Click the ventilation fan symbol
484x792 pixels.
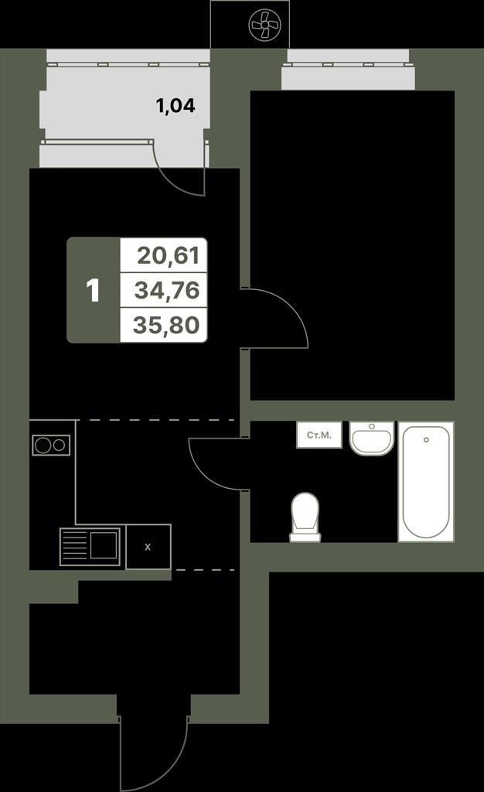coord(264,23)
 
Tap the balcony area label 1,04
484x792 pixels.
coord(176,106)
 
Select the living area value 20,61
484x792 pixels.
coord(169,255)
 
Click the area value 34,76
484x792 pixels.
coord(167,291)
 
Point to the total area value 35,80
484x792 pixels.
coord(166,325)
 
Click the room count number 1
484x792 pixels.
coord(93,291)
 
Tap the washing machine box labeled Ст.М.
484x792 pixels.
coord(319,435)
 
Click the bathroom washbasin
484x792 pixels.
coord(372,439)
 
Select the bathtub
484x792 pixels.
coord(426,482)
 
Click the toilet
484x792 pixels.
coord(305,517)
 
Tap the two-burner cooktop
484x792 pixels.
coord(51,445)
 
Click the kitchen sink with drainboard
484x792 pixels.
coord(90,547)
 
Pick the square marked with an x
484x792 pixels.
coord(148,547)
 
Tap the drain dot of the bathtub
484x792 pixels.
coord(427,440)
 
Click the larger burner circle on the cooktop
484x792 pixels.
coord(43,445)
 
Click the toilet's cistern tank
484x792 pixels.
coord(305,538)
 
